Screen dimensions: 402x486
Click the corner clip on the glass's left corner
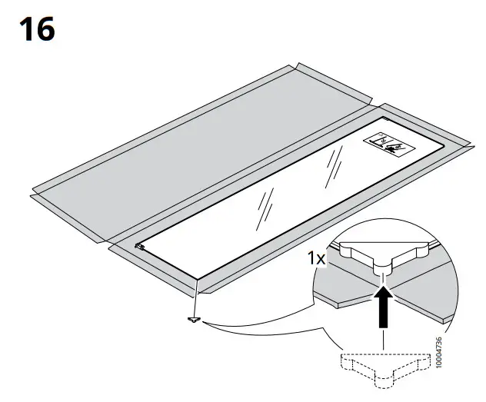[x=139, y=247]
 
